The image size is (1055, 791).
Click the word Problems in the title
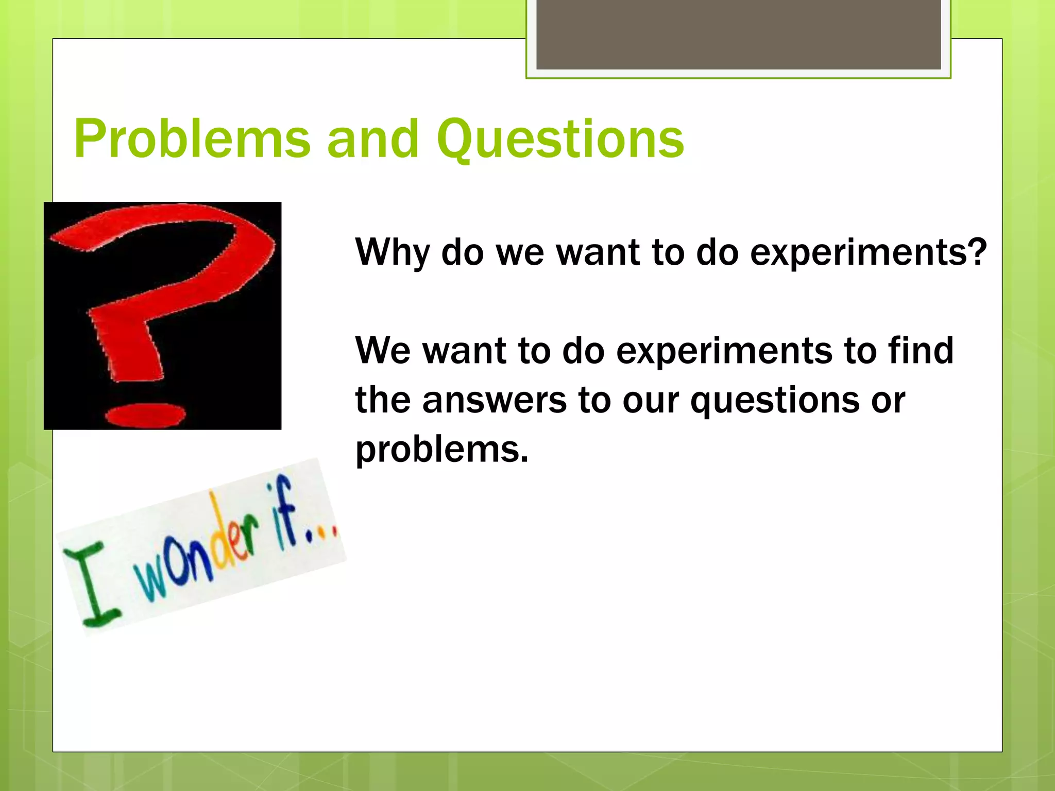pyautogui.click(x=192, y=139)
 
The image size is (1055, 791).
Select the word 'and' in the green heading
pyautogui.click(x=373, y=139)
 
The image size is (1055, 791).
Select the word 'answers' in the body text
pyautogui.click(x=494, y=400)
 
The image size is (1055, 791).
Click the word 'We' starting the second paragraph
pyautogui.click(x=382, y=350)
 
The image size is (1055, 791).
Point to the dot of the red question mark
pyautogui.click(x=145, y=415)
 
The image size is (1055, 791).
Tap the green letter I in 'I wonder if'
pyautogui.click(x=93, y=587)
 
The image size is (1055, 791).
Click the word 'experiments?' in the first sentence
pyautogui.click(x=868, y=252)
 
